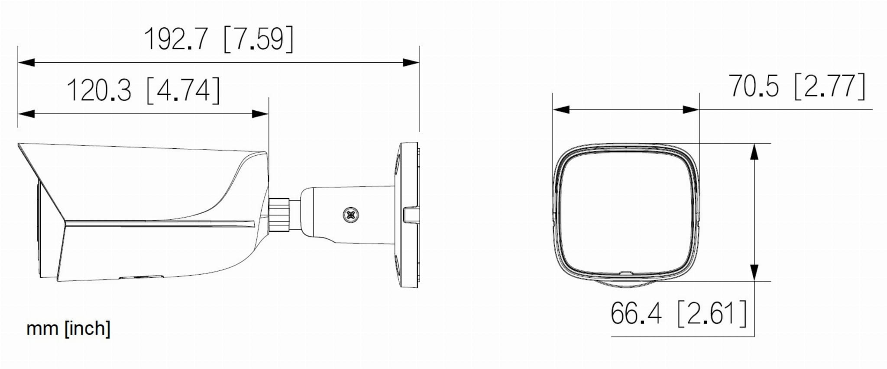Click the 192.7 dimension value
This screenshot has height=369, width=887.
176,39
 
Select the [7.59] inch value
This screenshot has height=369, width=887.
259,39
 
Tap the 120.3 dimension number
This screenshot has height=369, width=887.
99,90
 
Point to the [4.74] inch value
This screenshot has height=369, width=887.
184,90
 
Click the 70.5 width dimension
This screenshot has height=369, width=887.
754,86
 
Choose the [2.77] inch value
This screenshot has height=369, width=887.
830,86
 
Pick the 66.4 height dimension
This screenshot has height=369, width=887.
636,313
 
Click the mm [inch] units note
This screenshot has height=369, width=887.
68,328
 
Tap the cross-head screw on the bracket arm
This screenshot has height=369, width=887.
351,215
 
